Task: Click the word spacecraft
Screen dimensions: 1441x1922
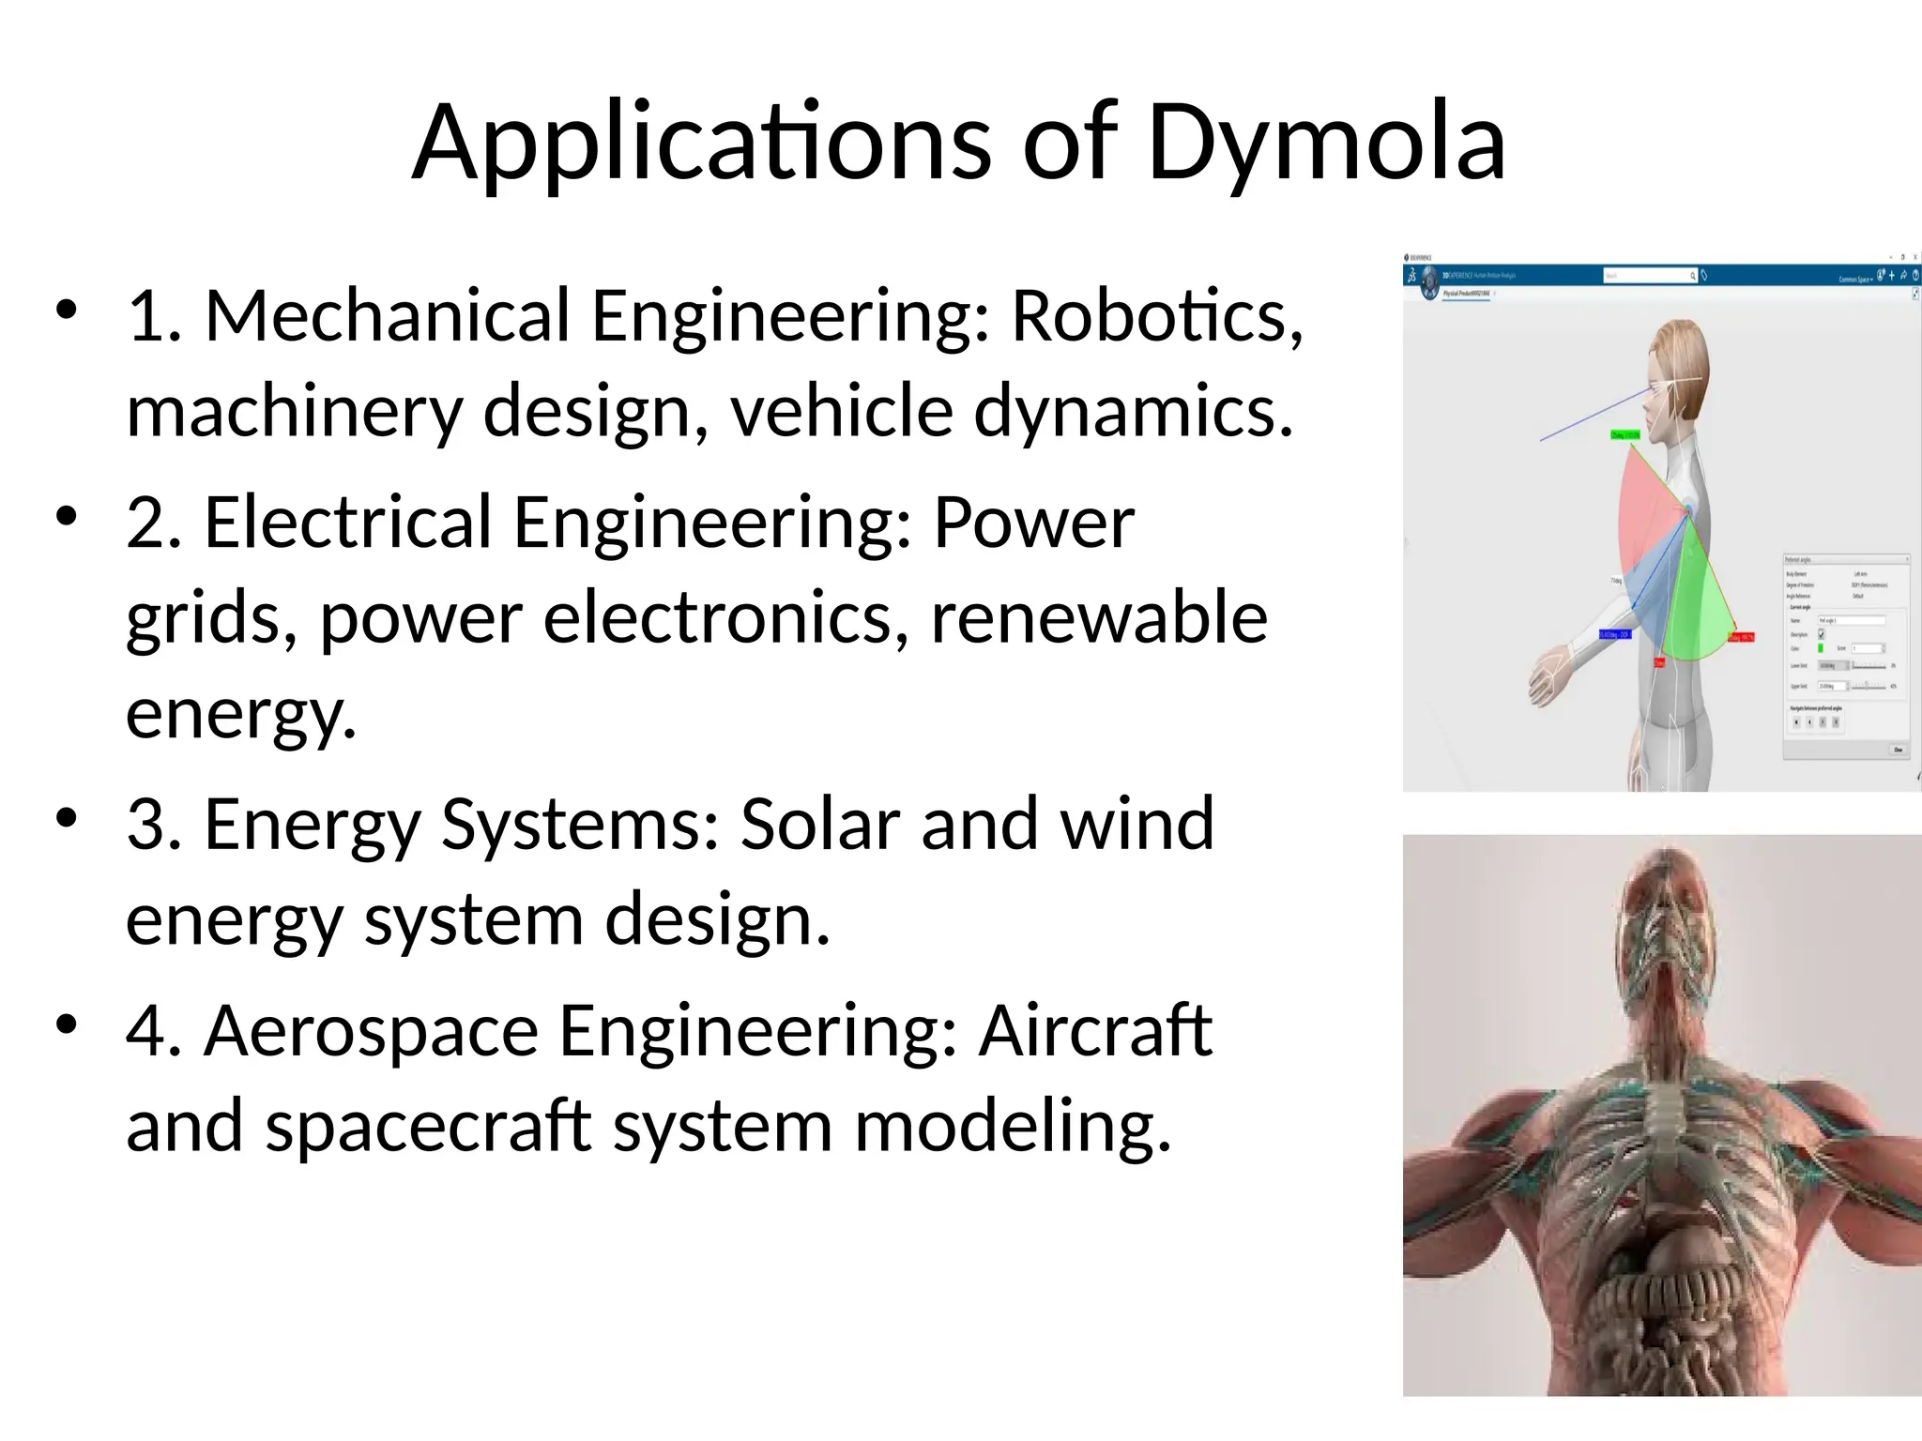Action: tap(428, 1126)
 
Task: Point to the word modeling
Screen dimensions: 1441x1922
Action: tap(1013, 1126)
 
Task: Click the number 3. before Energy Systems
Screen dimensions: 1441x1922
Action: tap(154, 824)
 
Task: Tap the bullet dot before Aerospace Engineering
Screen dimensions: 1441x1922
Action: tap(66, 1024)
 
